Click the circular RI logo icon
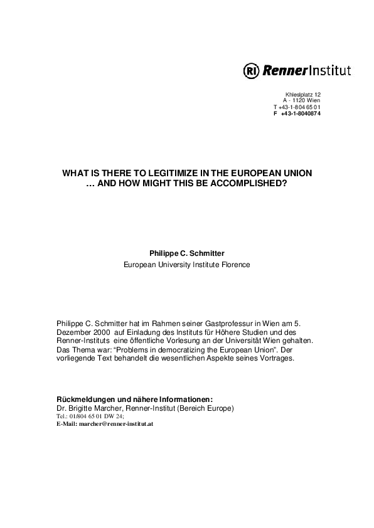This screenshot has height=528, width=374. [x=251, y=70]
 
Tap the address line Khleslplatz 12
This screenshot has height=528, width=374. [x=303, y=94]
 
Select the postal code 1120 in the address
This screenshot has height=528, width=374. [x=299, y=100]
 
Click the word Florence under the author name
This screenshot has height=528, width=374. [x=235, y=265]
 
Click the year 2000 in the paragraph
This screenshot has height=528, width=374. [x=101, y=332]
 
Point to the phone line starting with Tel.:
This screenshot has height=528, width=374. [x=90, y=416]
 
